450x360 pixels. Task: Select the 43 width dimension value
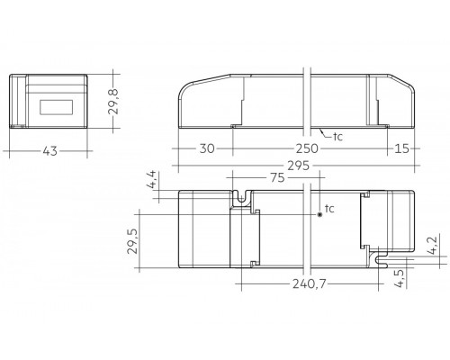tap(49, 150)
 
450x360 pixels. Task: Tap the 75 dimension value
tap(276, 177)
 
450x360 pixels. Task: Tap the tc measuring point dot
tap(319, 215)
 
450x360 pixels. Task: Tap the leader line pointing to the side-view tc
tap(325, 130)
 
